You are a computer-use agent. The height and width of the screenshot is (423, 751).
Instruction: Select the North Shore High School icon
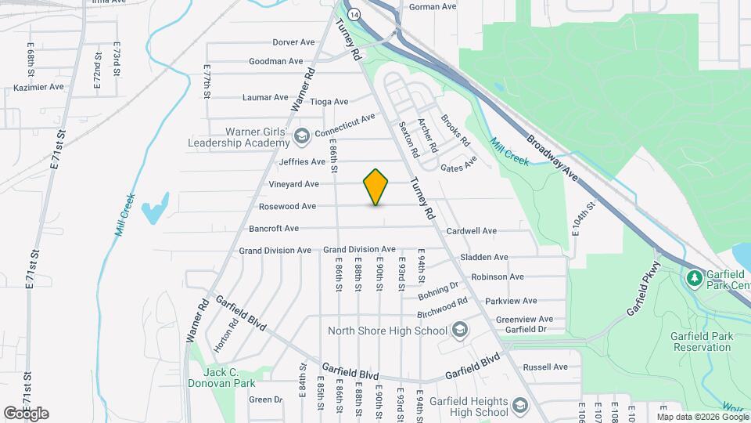click(x=460, y=330)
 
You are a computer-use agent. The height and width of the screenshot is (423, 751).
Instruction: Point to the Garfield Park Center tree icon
click(x=693, y=278)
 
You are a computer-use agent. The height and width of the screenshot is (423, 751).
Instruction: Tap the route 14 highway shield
click(x=355, y=15)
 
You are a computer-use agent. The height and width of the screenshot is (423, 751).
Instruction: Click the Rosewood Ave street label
click(x=287, y=207)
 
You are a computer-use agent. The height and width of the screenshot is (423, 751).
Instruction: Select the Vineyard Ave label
click(x=293, y=184)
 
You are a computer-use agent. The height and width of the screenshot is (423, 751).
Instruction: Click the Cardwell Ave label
click(x=472, y=231)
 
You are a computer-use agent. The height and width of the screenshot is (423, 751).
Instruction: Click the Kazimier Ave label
click(x=38, y=87)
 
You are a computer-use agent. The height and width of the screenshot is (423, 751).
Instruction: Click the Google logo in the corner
click(x=26, y=414)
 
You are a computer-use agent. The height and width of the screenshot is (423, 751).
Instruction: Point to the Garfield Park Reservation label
click(x=702, y=342)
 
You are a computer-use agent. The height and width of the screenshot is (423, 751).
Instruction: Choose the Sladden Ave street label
click(x=484, y=257)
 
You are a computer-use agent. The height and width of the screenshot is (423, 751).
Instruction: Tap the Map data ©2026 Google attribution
click(x=702, y=417)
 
